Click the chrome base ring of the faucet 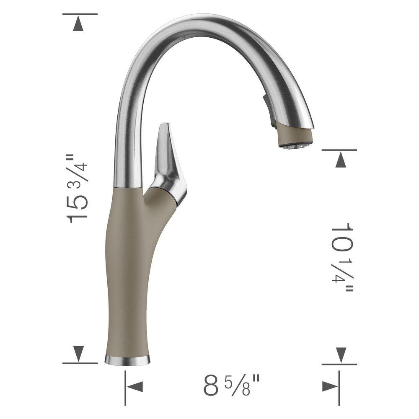click(127, 359)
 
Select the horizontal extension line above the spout click(80, 14)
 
